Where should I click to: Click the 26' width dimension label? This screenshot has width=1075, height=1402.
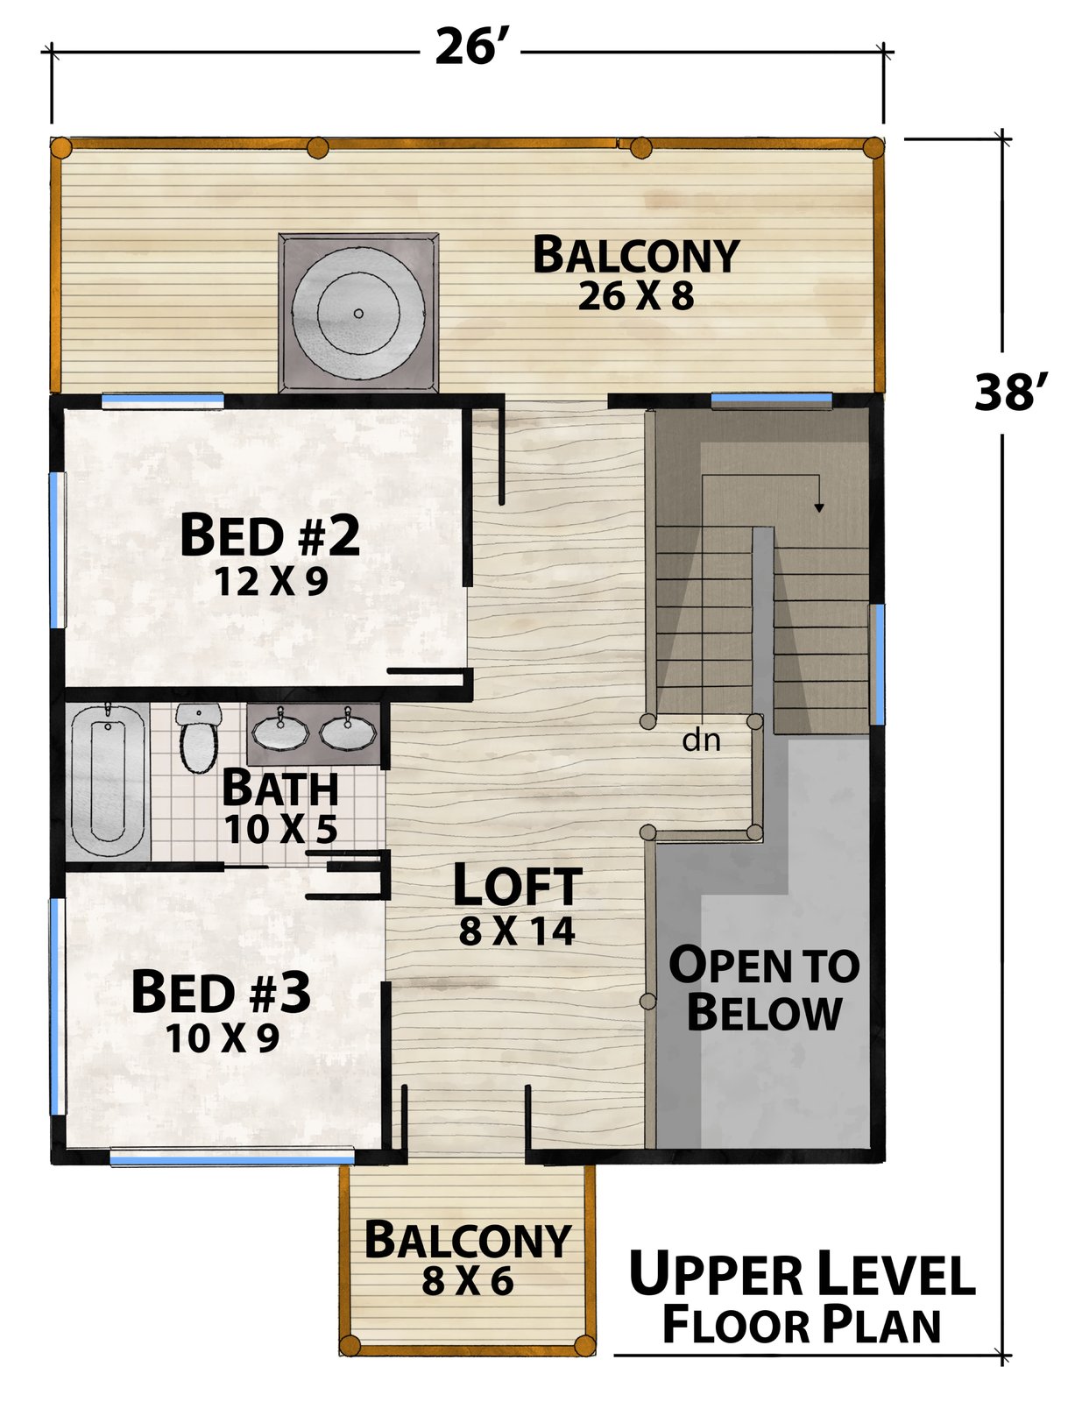pos(469,46)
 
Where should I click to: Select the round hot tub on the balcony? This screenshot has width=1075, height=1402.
pos(358,314)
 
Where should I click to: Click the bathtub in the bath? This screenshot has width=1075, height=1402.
pos(108,782)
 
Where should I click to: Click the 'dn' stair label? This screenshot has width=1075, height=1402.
pos(701,740)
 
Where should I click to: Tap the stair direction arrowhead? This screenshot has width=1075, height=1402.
pos(818,507)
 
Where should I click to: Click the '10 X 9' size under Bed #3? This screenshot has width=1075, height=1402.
pos(223,1038)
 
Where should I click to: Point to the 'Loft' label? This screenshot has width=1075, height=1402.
pos(517,884)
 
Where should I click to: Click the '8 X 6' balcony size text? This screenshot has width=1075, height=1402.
pos(468,1281)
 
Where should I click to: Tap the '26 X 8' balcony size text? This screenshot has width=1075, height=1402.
pos(635,296)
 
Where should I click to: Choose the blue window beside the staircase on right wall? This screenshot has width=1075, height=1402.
pos(877,664)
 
